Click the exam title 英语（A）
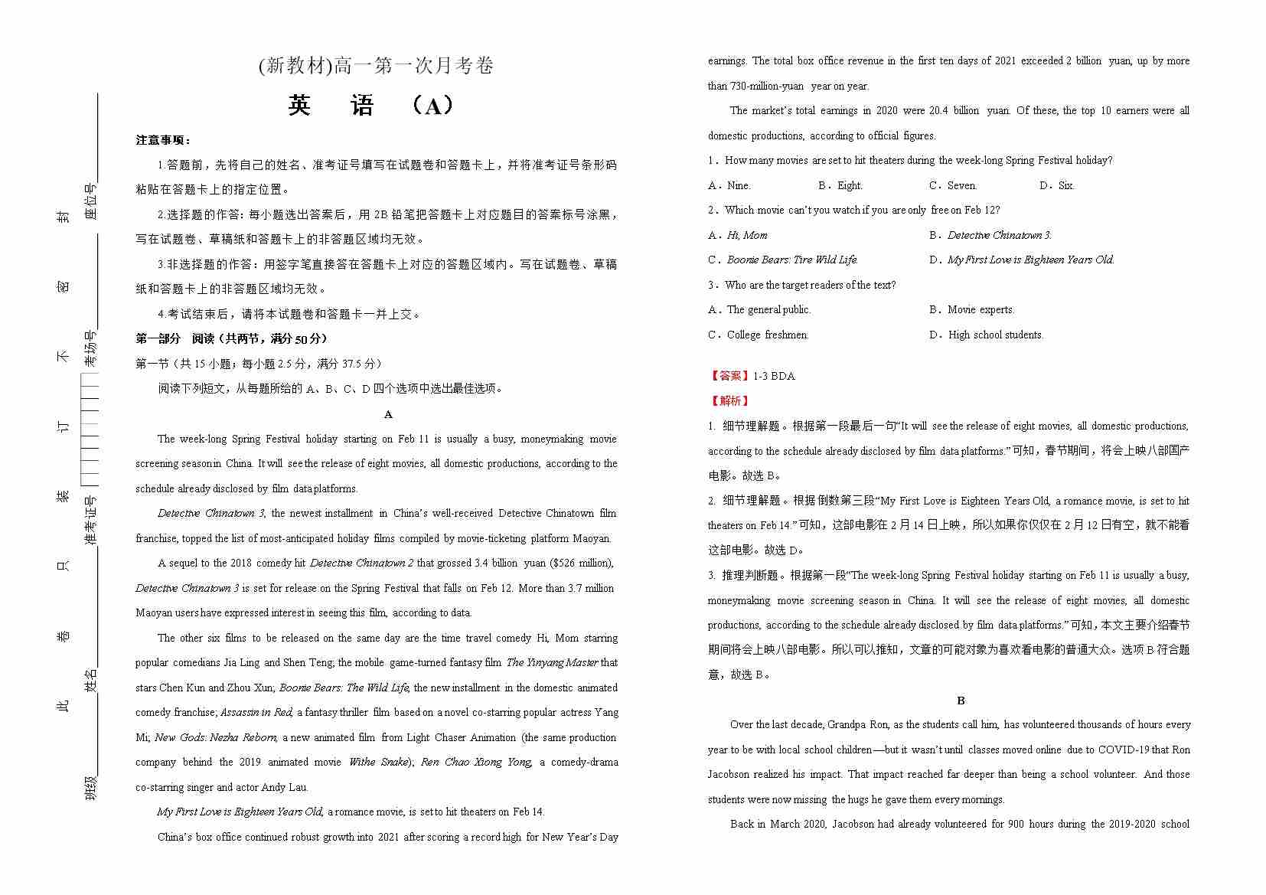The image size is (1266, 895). click(373, 106)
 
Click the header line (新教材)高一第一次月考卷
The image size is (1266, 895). click(376, 66)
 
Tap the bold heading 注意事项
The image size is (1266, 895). click(163, 140)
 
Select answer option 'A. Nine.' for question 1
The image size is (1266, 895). click(729, 185)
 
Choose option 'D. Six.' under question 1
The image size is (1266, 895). click(1057, 185)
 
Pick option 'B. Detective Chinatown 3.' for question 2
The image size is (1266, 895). click(990, 235)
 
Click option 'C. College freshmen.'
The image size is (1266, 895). click(759, 335)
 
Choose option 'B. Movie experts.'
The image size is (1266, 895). click(972, 309)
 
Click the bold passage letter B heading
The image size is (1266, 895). click(961, 701)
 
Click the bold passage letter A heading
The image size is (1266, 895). click(388, 414)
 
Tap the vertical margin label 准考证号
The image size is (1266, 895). click(91, 521)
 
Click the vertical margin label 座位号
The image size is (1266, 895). click(91, 201)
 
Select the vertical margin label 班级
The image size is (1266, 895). click(91, 787)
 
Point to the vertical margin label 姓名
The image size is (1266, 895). click(91, 680)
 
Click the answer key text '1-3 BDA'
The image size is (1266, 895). click(774, 376)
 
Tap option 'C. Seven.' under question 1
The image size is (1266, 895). click(953, 185)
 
